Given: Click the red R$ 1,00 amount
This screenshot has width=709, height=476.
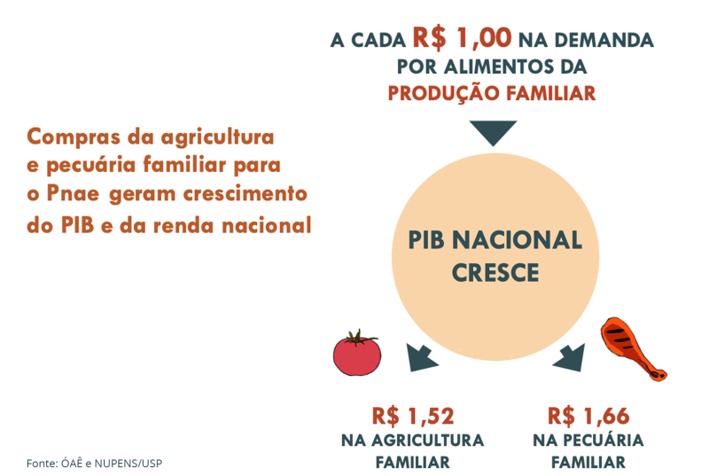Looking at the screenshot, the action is point(462,37).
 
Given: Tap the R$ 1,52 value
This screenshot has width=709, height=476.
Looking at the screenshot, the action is point(413,416).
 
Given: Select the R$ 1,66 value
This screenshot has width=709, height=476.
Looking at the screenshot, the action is point(588,416).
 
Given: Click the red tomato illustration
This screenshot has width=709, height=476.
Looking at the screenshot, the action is point(357,353).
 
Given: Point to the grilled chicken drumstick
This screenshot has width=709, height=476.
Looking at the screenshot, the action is point(632,348).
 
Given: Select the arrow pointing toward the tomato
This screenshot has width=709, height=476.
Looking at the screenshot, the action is point(421,357).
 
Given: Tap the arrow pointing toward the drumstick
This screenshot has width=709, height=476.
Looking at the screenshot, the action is point(570,357).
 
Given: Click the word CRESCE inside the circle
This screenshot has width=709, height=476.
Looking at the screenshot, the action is point(495,273).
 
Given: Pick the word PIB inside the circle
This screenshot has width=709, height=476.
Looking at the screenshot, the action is point(426,240).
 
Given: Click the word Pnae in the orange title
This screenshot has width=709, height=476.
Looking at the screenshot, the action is point(73,193).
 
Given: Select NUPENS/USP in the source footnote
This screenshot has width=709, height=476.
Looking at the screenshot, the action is point(128,464).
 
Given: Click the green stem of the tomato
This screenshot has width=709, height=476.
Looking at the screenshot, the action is point(359,338).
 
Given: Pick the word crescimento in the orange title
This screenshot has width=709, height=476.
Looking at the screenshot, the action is point(245,193).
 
